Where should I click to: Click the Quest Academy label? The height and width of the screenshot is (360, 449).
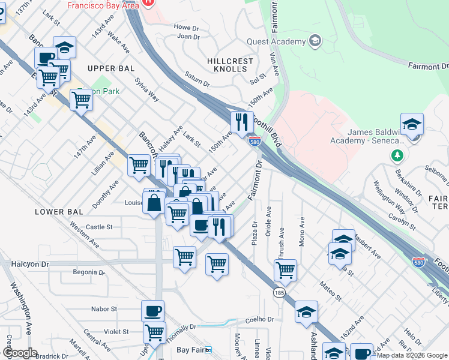(x=276, y=41)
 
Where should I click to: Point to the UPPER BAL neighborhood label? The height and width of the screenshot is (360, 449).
(x=110, y=68)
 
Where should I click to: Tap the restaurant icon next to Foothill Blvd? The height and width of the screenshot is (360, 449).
(x=243, y=122)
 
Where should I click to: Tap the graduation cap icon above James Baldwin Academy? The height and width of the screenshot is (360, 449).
(x=412, y=124)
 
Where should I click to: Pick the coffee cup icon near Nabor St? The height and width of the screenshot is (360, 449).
(x=152, y=311)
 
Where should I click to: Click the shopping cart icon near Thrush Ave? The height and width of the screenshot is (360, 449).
(x=285, y=269)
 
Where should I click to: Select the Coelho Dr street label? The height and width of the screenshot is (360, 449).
(x=259, y=319)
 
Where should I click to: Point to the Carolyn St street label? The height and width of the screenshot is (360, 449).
(x=401, y=221)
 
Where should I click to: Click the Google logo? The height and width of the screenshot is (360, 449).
(x=20, y=352)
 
